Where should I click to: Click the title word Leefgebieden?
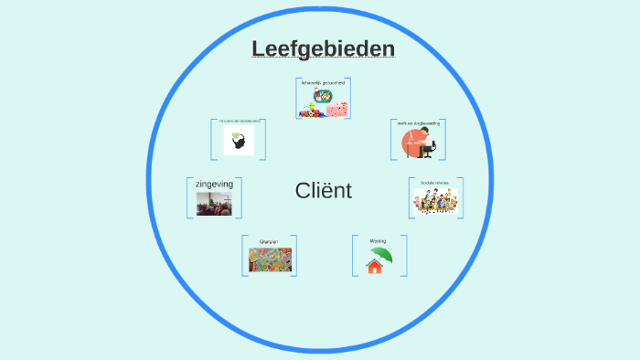point(324,48)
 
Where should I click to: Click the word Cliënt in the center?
point(324,191)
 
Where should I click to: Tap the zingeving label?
point(214,185)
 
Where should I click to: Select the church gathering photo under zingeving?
point(214,204)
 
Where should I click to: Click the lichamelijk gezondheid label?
point(324,82)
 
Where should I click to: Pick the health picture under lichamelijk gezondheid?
point(324,102)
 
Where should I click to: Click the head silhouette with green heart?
point(240,141)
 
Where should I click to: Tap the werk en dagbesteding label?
point(419,122)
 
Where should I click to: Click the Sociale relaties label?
point(434,183)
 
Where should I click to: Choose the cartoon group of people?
point(434,202)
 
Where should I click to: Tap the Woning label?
point(378,241)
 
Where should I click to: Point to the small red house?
point(373,267)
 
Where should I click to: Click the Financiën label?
point(269,241)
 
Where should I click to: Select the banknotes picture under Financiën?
point(270,259)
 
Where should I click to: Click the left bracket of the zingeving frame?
point(188,197)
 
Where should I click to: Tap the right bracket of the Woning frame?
point(404,256)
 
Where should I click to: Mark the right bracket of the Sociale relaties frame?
point(461,197)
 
